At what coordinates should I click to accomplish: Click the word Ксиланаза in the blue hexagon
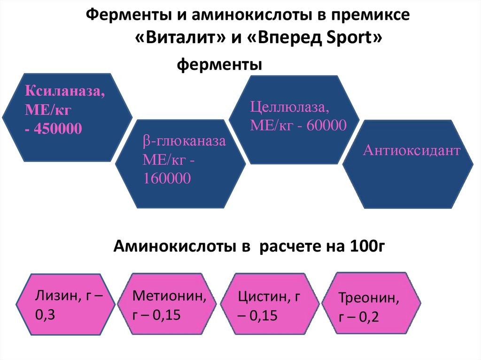click(65, 91)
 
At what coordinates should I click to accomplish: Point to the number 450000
click(57, 128)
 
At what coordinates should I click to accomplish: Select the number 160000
click(167, 178)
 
